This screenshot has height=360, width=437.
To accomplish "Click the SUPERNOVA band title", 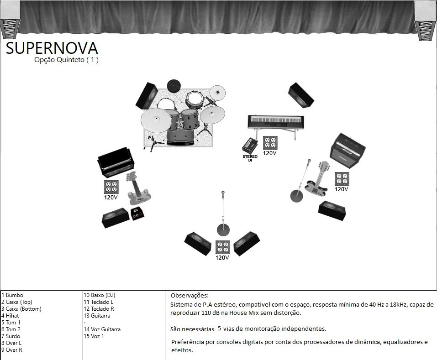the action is click(52, 48).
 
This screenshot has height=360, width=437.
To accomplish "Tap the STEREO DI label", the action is click(250, 158).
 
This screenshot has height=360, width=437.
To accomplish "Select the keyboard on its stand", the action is click(276, 124).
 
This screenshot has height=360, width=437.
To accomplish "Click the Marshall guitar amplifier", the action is click(347, 151).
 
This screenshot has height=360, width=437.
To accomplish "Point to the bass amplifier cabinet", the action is click(116, 162).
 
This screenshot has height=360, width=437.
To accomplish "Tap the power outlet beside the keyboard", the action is click(270, 143).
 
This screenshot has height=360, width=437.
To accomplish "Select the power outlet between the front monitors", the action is click(223, 247).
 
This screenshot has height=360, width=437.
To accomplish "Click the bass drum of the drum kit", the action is click(180, 137).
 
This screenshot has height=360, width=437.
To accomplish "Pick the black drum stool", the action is click(174, 86).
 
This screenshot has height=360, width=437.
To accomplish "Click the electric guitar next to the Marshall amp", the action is click(317, 178).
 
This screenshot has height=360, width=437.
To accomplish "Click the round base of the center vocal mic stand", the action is click(223, 230).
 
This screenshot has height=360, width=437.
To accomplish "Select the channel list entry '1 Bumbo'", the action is click(12, 295).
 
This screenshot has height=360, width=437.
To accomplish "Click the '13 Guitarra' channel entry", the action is click(97, 316).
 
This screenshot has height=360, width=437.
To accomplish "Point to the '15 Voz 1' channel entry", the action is click(94, 336).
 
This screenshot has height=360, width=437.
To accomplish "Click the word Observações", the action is click(190, 295).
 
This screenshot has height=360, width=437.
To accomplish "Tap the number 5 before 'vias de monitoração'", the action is click(219, 328).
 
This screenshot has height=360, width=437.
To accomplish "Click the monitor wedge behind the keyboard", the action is click(301, 95).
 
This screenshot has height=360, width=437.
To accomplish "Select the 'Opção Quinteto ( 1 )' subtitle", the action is click(66, 60).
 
